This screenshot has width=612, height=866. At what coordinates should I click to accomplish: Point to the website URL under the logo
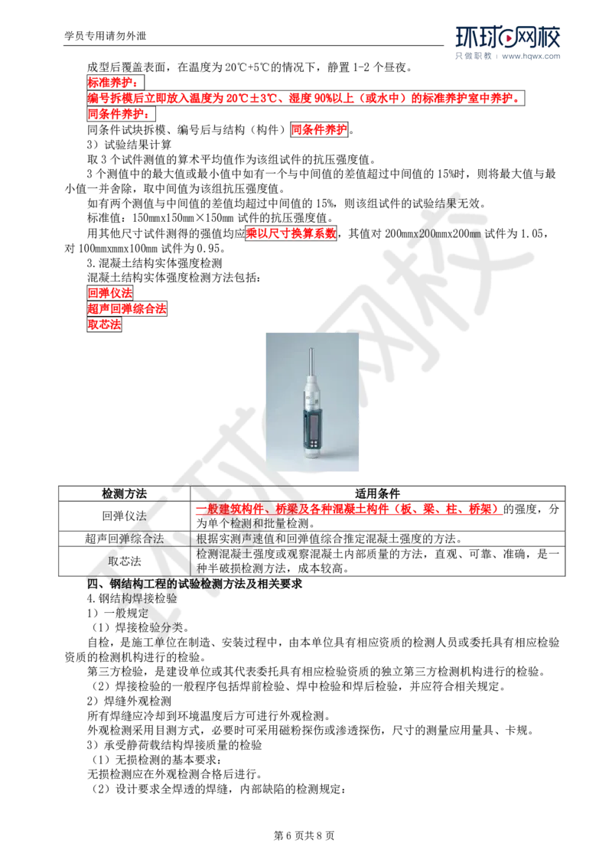[x=531, y=56]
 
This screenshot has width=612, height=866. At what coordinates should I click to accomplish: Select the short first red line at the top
[x=106, y=82]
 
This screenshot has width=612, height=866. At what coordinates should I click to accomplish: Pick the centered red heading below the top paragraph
[x=319, y=129]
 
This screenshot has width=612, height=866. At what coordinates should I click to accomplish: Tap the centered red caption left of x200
[x=291, y=233]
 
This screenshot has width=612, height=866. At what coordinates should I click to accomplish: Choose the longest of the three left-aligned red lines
[x=127, y=309]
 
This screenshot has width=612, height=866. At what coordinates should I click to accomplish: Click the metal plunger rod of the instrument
[x=311, y=359]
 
